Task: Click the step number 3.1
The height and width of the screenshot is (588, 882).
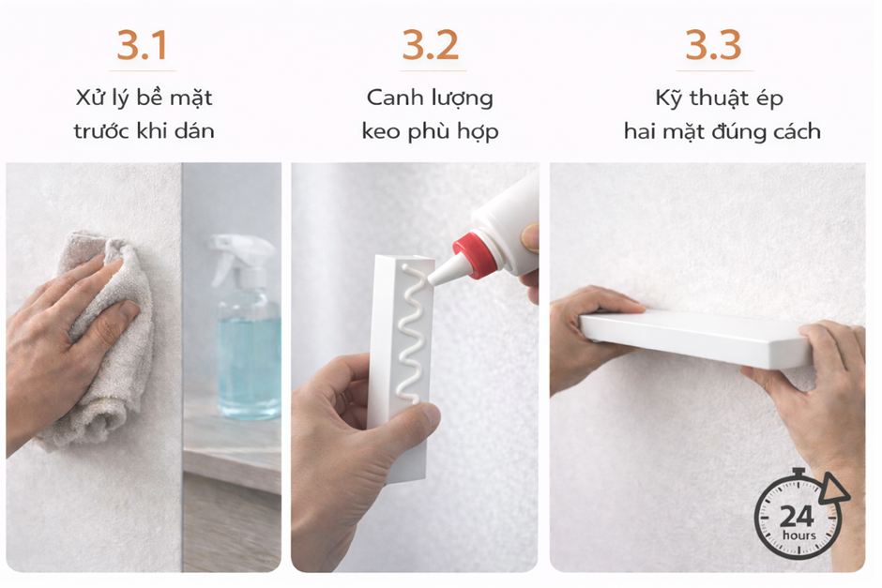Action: (143, 45)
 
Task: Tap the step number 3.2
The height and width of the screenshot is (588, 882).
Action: (431, 45)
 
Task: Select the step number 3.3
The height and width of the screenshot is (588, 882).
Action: (713, 45)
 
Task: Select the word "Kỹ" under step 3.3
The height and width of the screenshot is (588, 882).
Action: (669, 98)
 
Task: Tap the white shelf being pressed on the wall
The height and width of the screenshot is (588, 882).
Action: (696, 339)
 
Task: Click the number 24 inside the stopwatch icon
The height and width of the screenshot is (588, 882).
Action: (797, 516)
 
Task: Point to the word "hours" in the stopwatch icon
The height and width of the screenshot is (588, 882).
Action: (798, 535)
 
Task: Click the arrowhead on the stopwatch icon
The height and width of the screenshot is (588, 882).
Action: (832, 488)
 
